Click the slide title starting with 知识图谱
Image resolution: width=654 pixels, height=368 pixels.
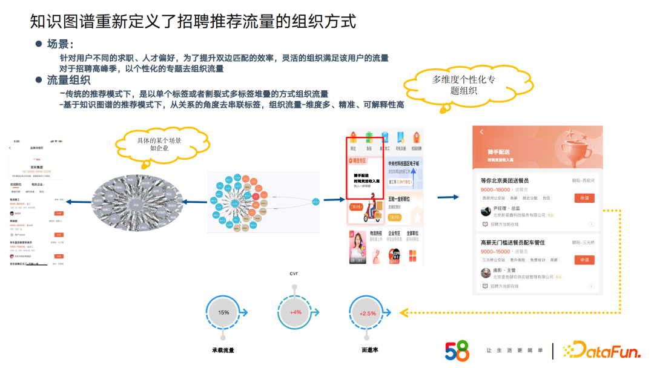coord(193,22)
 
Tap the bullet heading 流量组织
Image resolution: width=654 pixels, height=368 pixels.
coord(68,80)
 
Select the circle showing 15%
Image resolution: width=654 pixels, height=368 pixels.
coord(223,312)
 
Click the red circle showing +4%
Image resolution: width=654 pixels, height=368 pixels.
coord(296,312)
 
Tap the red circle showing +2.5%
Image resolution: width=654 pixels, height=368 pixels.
coord(368,313)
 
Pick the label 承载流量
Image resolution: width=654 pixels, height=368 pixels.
coord(223,350)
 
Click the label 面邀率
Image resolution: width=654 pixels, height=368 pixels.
coord(369,350)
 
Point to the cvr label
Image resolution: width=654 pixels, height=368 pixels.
coord(294,274)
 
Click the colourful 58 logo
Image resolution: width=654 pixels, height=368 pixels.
coord(457,351)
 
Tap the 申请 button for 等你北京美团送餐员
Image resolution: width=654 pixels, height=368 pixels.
coord(584,199)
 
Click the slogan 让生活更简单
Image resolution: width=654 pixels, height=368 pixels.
coord(515,350)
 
